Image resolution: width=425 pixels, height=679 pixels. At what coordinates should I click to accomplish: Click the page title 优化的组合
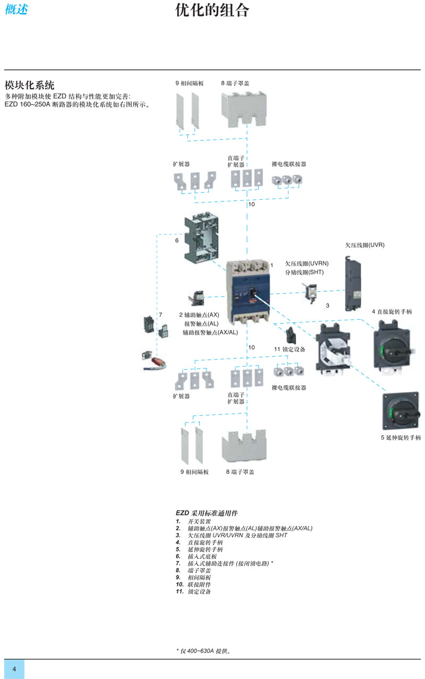click(212, 10)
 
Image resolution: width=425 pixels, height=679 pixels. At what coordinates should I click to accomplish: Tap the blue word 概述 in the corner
click(16, 9)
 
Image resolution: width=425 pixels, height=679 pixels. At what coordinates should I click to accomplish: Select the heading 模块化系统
click(29, 85)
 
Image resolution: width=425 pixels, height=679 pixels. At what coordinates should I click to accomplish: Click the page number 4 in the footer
click(14, 669)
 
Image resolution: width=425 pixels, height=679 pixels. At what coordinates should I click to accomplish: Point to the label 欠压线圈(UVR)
click(364, 245)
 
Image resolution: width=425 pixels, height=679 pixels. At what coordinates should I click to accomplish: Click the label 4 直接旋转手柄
click(392, 312)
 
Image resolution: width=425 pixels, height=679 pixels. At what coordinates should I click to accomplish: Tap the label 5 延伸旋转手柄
click(401, 437)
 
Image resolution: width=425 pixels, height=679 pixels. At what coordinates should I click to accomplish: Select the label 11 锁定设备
click(290, 349)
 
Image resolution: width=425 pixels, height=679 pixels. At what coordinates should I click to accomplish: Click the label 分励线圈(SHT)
click(304, 272)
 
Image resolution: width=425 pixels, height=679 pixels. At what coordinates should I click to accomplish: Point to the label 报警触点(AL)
click(201, 324)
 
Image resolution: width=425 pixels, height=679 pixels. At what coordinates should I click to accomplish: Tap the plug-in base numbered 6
click(201, 237)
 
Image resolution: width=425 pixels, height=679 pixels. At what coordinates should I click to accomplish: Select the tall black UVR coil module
click(353, 283)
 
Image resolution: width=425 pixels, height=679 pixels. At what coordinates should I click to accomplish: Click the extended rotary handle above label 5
click(401, 411)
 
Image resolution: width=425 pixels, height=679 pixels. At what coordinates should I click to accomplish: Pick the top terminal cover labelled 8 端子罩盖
click(244, 109)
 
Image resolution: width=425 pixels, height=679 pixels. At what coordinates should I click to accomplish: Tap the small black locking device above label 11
click(291, 335)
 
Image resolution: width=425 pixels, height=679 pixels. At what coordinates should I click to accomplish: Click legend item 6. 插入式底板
click(196, 556)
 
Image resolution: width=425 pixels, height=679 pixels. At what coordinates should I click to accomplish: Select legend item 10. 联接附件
click(193, 584)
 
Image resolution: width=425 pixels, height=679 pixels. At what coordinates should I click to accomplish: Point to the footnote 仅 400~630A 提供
click(203, 651)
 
